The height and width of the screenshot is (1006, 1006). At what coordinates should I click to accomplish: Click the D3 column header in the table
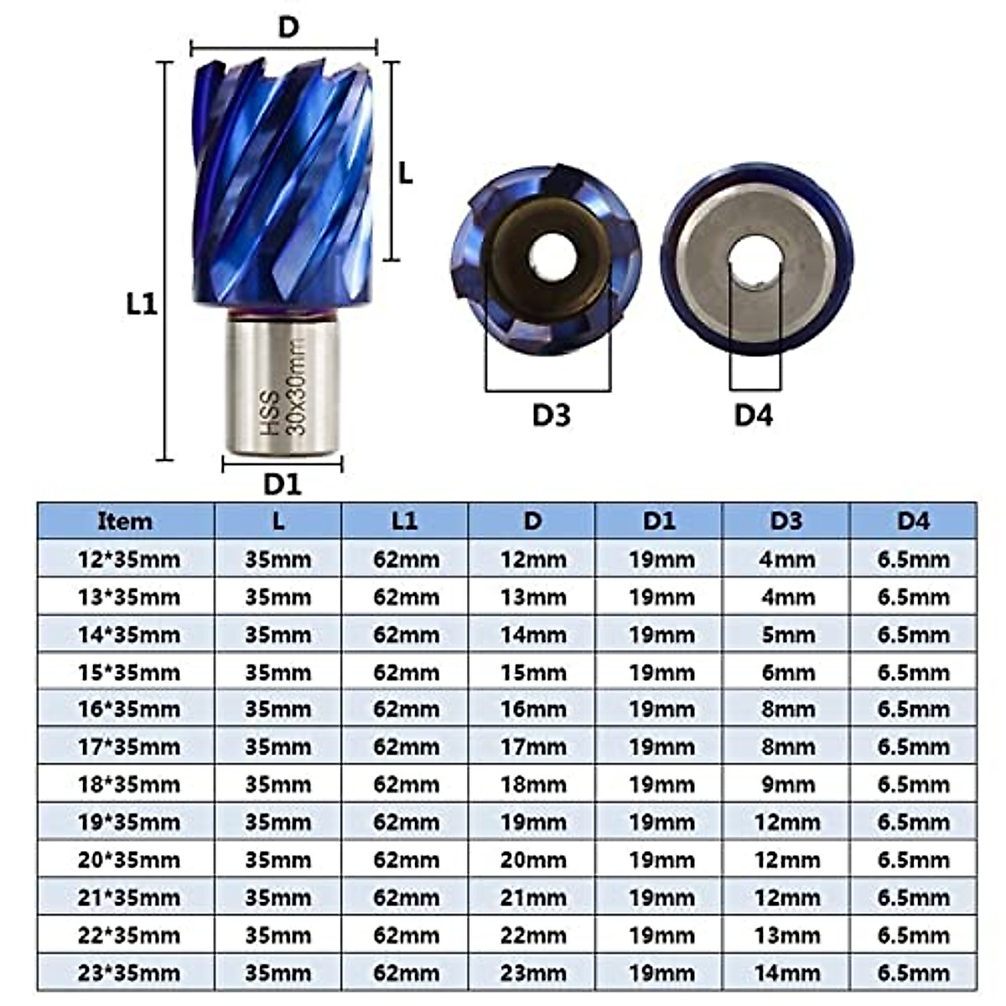[786, 521]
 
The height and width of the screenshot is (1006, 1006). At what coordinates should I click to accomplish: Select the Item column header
[125, 521]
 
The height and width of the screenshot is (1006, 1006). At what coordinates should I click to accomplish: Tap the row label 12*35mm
[128, 559]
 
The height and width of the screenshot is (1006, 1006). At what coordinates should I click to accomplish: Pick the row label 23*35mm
[128, 973]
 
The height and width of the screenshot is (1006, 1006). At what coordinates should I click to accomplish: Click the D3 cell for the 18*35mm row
[786, 785]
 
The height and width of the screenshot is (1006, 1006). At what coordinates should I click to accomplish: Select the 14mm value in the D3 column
[786, 973]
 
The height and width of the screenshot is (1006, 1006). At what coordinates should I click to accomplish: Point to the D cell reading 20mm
[532, 860]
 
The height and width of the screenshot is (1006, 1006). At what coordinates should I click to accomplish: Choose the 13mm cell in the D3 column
[786, 936]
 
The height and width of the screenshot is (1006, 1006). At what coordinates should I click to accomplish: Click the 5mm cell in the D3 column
[786, 635]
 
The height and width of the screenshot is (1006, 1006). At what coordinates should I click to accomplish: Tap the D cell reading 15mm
[532, 672]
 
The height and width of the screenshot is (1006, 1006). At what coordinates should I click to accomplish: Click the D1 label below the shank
[282, 484]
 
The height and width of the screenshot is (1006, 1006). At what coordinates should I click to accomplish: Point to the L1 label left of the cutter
[142, 303]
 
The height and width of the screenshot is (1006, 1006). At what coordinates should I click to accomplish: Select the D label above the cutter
[288, 28]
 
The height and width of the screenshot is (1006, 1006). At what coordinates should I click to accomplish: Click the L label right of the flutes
[406, 174]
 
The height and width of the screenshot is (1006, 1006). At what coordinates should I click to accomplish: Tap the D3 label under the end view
[551, 414]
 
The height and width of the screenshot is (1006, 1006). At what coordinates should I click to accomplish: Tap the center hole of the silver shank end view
[755, 262]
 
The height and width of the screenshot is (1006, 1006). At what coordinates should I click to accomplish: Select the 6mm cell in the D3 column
[786, 672]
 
